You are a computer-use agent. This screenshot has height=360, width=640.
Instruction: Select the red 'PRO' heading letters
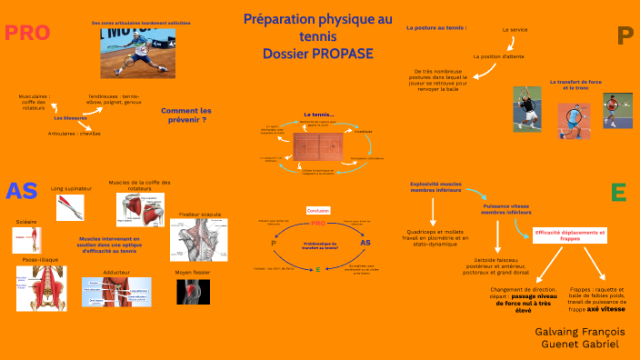pyautogui.click(x=27, y=34)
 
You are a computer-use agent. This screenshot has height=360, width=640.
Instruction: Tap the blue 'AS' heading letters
pyautogui.click(x=21, y=191)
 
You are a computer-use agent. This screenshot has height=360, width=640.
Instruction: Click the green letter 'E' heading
pyautogui.click(x=618, y=192)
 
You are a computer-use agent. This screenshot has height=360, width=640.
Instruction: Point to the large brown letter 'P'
pyautogui.click(x=624, y=36)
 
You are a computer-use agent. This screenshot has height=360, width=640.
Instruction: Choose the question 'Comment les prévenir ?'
pyautogui.click(x=185, y=115)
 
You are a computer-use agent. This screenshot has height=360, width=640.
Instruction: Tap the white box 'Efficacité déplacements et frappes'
pyautogui.click(x=570, y=235)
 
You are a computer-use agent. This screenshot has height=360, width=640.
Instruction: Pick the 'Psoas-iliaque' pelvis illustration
pyautogui.click(x=41, y=287)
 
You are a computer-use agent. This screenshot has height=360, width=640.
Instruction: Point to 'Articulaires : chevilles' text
pyautogui.click(x=75, y=134)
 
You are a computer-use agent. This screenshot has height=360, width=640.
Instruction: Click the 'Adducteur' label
pyautogui.click(x=116, y=271)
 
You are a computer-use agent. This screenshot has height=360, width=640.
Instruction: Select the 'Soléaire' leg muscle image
pyautogui.click(x=25, y=239)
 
